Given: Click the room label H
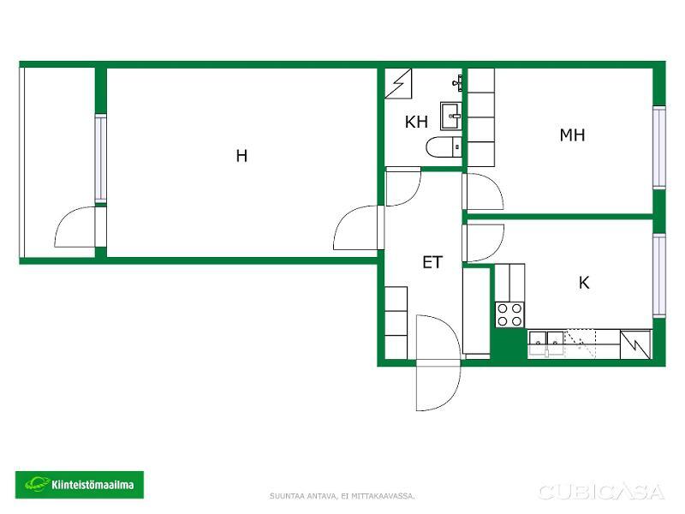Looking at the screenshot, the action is click(241, 156).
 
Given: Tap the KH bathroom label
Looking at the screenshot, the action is click(416, 122).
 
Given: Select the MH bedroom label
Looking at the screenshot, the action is click(572, 134).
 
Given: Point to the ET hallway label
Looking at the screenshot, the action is click(432, 262).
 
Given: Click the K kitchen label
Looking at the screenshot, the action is click(584, 283).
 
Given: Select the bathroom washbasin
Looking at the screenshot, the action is click(450, 116).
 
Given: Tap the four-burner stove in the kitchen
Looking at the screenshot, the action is click(509, 314).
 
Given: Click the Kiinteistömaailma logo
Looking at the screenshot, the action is click(80, 484).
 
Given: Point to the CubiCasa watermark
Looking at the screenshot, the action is click(602, 492).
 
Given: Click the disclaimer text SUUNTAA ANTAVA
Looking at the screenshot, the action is click(303, 496).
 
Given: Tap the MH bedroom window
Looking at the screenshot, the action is click(658, 147).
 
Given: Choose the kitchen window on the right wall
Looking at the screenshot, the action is click(658, 275).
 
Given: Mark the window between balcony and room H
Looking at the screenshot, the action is click(100, 158).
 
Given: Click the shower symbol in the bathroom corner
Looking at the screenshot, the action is click(398, 83).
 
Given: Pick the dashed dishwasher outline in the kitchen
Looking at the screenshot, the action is click(581, 344).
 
